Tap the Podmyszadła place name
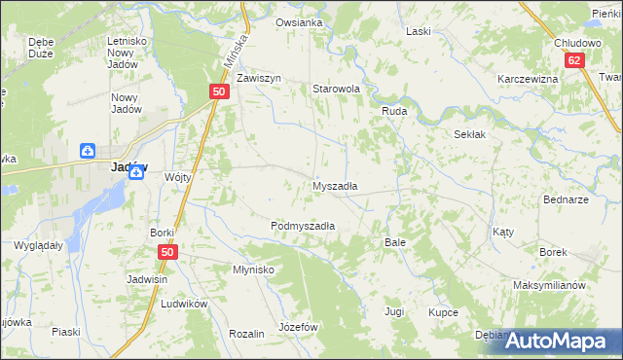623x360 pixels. pos(303,226)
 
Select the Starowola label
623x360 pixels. pos(336,89)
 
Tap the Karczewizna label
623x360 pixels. pos(527,79)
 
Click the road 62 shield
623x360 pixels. pos(574,60)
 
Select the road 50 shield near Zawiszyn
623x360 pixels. pos(219,91)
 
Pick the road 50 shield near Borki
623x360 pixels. pos(166,252)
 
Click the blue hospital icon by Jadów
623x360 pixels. pos(88,151)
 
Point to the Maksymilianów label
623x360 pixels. pos(549,286)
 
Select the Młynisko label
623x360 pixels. pos(253,270)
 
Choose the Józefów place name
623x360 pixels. pos(299,327)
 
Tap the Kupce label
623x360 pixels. pos(443,312)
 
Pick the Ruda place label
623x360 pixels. pos(393,112)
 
